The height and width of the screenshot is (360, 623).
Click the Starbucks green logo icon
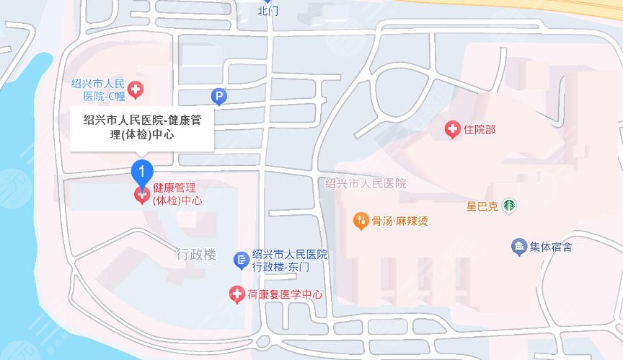tap(509, 206)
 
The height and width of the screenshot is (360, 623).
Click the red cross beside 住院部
tap(452, 130)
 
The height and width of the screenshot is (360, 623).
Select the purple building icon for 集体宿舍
tap(518, 247)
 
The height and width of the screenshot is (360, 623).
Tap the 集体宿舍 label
tap(551, 247)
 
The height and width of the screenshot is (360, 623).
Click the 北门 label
tap(268, 11)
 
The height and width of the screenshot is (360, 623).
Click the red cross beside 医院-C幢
tap(135, 90)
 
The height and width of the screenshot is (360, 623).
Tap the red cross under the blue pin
tap(142, 195)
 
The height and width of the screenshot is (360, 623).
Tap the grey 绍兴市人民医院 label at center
tap(366, 183)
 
